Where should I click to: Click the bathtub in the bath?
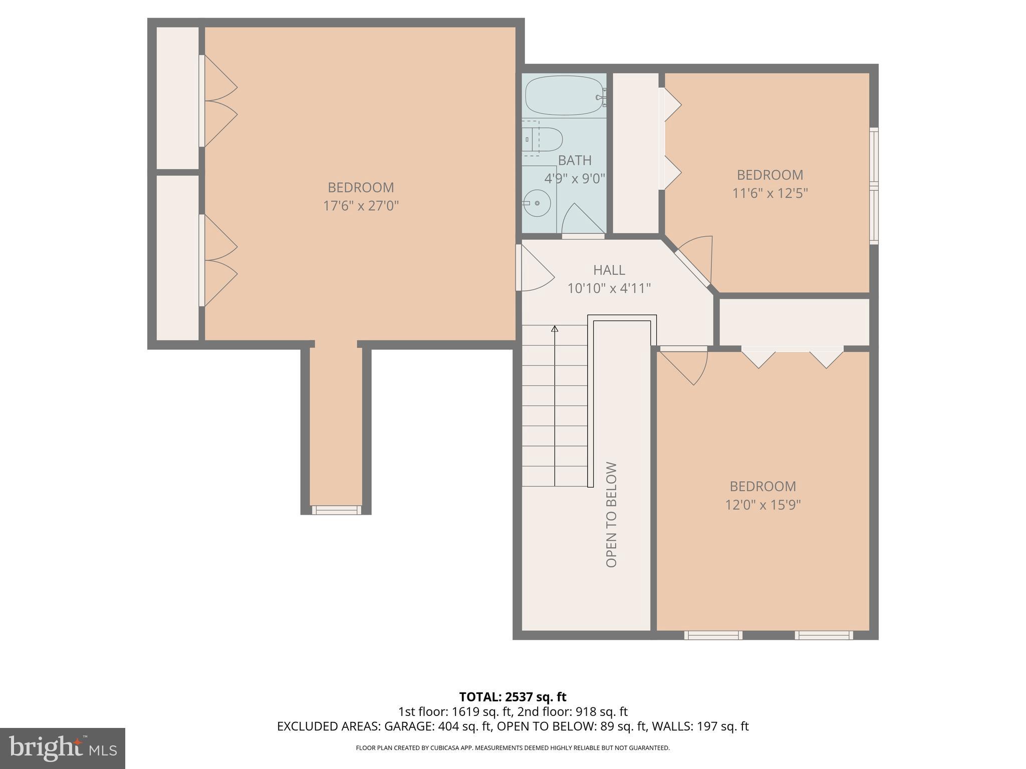564,95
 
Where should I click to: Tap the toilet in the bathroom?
544,140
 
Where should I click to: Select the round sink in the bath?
538,203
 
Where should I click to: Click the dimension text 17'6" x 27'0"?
361,206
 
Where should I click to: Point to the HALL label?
609,270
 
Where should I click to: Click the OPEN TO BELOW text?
611,515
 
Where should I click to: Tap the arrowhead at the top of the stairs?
555,329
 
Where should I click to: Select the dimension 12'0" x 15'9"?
762,504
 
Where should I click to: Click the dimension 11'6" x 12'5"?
770,193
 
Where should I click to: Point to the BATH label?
575,160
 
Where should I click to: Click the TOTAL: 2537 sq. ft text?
512,697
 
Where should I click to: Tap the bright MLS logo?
62,748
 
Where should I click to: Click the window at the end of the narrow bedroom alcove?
336,510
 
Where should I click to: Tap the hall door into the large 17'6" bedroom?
534,268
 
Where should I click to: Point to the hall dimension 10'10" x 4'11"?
609,288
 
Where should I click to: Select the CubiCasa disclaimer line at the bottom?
512,748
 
